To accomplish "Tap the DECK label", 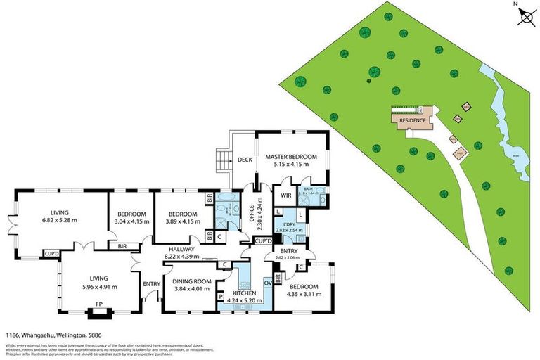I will (x=245, y=160).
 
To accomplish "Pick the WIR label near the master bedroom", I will (x=286, y=195).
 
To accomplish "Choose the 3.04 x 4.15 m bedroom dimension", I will (x=131, y=222).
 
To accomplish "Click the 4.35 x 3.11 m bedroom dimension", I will (x=304, y=295).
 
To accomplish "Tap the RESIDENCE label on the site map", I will (x=413, y=120).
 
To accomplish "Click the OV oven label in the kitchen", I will (x=267, y=283).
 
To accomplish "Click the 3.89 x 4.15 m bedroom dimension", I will (x=179, y=222).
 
